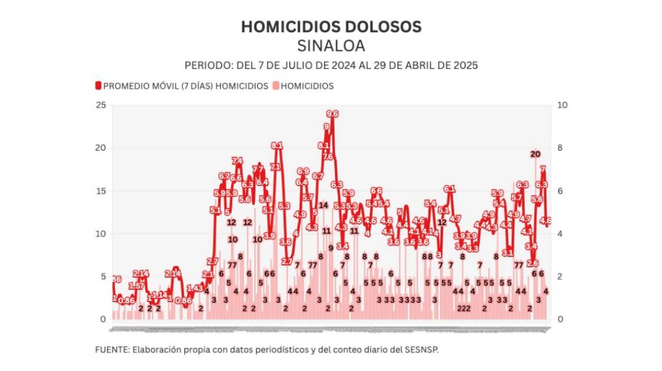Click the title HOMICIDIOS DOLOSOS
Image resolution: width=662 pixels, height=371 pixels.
(331, 27)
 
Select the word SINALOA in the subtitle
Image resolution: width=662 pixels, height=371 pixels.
(331, 46)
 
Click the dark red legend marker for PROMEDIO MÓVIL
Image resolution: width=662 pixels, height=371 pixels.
(99, 86)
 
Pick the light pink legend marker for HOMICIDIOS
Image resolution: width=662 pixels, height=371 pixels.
(276, 86)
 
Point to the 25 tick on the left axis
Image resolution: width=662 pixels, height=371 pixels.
(101, 105)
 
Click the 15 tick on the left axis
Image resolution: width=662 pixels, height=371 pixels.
(101, 191)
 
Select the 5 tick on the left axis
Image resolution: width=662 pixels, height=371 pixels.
(103, 276)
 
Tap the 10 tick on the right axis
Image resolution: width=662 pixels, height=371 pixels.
(562, 105)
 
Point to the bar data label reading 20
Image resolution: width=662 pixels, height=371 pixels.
(535, 154)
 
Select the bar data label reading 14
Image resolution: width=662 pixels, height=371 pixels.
(323, 205)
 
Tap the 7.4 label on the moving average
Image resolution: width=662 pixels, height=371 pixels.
(237, 160)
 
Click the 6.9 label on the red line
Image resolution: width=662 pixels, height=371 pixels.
(303, 171)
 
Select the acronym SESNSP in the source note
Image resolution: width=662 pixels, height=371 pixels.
(423, 349)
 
